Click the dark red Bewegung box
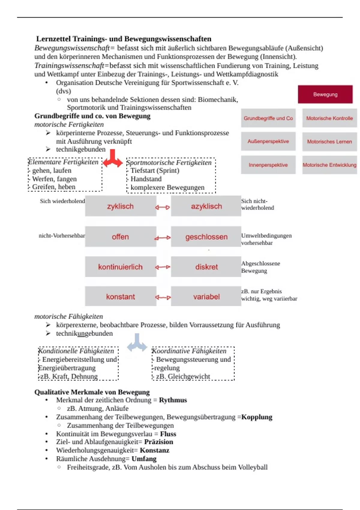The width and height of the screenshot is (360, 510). coord(325,94)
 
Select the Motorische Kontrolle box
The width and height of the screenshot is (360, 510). coord(329,118)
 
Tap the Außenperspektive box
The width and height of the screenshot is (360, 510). coord(268,141)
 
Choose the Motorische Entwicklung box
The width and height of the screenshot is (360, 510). coord(329,165)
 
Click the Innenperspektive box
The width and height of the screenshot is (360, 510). coord(268,165)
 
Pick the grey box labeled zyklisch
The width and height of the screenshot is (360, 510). coord(120,206)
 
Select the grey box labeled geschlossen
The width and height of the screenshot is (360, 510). coord(206,237)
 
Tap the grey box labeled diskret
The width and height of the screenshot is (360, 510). coord(206,267)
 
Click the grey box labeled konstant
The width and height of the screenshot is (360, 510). coord(120,296)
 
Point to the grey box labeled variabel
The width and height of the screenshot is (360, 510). coord(206,296)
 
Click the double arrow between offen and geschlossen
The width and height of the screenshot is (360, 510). coord(163,238)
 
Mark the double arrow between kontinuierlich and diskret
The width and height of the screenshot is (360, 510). coord(163,267)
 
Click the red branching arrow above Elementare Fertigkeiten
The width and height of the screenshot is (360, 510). coord(112,159)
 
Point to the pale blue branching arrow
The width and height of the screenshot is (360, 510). coord(137,343)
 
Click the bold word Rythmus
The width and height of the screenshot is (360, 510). coord(173,400)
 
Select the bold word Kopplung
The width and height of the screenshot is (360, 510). coord(257,417)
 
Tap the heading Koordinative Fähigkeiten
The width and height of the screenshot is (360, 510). coord(189,351)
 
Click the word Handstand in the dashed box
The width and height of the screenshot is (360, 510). coord(146,179)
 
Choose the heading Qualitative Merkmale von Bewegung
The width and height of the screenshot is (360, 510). coord(92,392)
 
